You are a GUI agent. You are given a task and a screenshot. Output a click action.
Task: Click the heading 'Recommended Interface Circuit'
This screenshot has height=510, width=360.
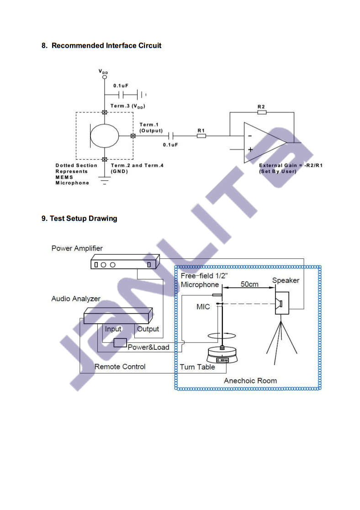106,46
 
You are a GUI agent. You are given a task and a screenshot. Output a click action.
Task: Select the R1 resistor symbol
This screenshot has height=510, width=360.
201,136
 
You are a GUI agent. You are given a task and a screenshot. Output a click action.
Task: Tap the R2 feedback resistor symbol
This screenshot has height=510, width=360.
262,112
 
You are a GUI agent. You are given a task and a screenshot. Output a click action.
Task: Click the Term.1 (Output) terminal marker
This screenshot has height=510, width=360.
133,136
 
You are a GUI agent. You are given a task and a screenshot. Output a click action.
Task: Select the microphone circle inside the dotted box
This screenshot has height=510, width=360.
105,136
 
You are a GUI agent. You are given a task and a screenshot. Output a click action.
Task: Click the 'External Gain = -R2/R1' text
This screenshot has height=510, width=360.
291,165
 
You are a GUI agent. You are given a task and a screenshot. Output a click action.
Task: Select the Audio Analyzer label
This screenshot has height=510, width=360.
76,299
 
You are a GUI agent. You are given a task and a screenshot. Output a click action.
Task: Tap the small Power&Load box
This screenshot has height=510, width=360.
120,343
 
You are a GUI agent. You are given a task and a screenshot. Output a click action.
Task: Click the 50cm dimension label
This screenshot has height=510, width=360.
249,284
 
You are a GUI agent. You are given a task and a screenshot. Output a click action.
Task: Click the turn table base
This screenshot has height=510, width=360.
224,355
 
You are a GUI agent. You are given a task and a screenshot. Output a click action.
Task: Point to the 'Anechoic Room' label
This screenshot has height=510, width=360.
250,380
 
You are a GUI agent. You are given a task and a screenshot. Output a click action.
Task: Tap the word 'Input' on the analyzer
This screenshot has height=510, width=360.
113,329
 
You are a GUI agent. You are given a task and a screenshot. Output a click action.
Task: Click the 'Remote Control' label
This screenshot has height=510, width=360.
120,367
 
